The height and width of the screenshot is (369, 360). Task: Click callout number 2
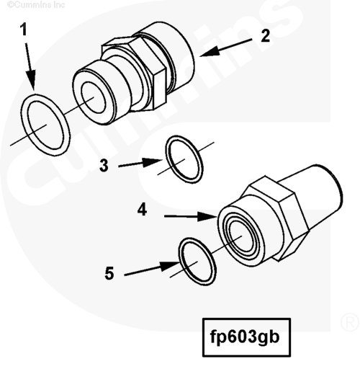(265, 36)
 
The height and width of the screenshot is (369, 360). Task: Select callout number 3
(104, 165)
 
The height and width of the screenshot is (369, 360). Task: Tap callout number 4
(143, 210)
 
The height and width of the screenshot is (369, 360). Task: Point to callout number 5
(109, 273)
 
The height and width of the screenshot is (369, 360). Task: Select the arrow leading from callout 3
(140, 163)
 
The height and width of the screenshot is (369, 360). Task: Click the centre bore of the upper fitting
(94, 96)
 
